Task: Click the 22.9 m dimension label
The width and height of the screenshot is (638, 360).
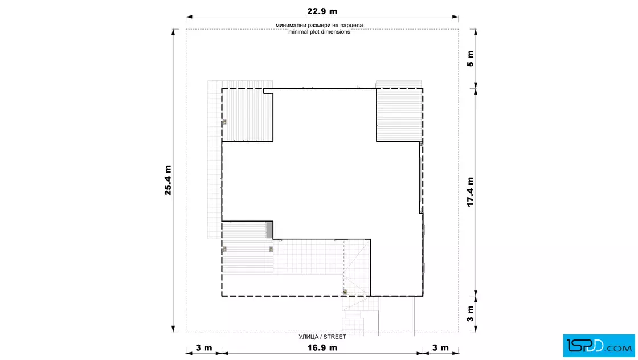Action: (x=322, y=11)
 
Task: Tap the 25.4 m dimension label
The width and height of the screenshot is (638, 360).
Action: (x=168, y=180)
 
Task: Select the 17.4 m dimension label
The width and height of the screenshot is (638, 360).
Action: (x=471, y=192)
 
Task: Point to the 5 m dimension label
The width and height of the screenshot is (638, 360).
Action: (x=471, y=59)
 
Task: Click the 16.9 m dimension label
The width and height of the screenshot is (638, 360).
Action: (x=322, y=348)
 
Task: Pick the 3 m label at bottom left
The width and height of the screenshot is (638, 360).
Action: (x=204, y=348)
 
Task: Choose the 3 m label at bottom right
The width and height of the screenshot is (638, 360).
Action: (x=441, y=348)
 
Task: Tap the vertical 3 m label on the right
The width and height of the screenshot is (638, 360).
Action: (x=471, y=314)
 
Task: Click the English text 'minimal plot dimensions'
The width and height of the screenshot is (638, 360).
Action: (x=320, y=32)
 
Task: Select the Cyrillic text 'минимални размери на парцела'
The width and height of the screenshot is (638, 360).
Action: (x=320, y=25)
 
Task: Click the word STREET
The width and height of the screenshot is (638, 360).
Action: (x=335, y=337)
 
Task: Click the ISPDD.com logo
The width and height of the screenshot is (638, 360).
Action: (x=599, y=346)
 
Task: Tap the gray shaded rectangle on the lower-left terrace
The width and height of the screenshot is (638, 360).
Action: (x=269, y=230)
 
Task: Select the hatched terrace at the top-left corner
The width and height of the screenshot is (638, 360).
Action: (x=247, y=114)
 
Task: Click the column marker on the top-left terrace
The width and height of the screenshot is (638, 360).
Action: (x=224, y=122)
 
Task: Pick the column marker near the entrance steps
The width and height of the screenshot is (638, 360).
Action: (x=345, y=292)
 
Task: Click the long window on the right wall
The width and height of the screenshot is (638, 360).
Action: (x=421, y=177)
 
